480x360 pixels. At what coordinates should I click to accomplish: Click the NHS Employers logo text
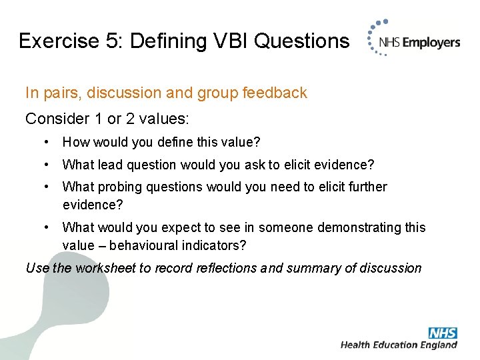[x=419, y=43]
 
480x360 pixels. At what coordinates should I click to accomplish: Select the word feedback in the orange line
[x=274, y=93]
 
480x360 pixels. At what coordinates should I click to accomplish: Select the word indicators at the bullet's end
[x=215, y=245]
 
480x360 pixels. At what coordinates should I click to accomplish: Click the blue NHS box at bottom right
[x=443, y=333]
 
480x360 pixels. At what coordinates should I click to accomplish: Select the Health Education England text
[x=399, y=345]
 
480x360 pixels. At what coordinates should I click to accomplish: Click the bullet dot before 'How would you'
[x=46, y=142]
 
